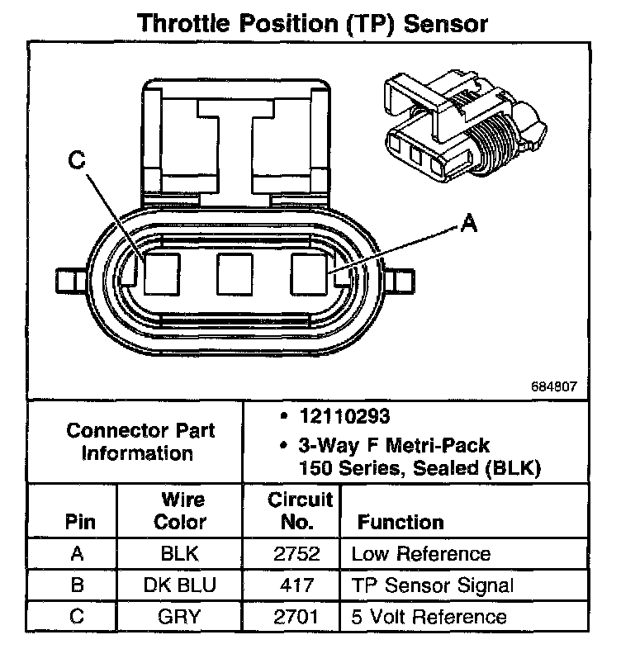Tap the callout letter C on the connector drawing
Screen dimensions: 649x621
point(77,163)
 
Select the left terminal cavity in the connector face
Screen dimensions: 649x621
point(161,273)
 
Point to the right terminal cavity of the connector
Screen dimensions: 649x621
point(310,273)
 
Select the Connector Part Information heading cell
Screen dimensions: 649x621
point(140,442)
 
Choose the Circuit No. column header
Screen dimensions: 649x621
point(301,511)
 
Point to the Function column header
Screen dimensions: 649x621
point(401,523)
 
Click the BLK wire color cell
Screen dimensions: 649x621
point(179,554)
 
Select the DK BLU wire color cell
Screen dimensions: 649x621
point(179,585)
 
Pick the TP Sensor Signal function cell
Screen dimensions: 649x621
point(433,585)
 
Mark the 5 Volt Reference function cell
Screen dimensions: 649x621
point(429,616)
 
